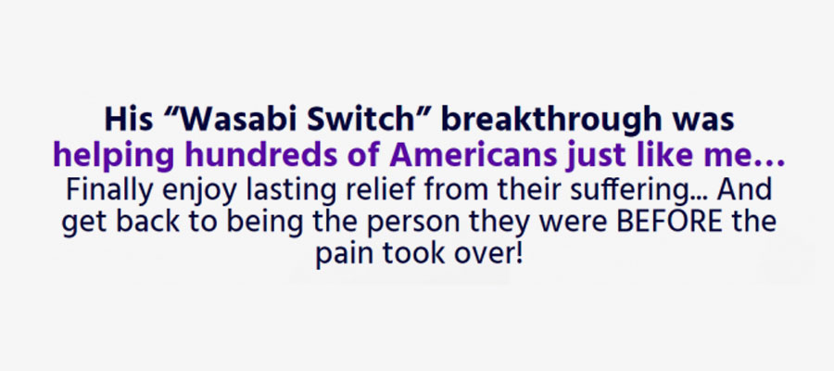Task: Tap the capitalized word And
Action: click(744, 190)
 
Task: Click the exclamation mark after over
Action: click(520, 254)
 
